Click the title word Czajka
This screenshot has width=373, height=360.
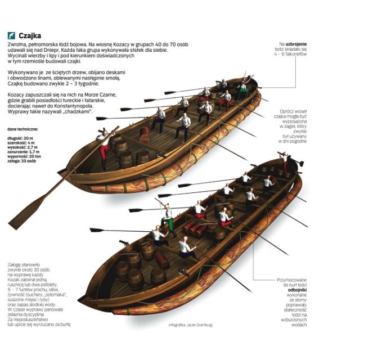(30, 35)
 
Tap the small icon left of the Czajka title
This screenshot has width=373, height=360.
(11, 35)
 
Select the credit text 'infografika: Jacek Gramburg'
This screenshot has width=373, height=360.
(191, 325)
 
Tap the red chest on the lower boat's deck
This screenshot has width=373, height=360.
(163, 259)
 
